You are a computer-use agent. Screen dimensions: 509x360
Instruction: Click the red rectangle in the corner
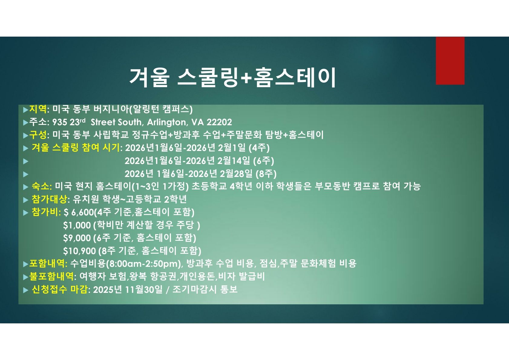pyautogui.click(x=450, y=61)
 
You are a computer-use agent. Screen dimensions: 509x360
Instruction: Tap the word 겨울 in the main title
pyautogui.click(x=149, y=77)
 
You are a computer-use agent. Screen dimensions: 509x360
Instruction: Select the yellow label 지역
pyautogui.click(x=38, y=109)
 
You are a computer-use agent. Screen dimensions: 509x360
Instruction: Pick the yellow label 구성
pyautogui.click(x=38, y=135)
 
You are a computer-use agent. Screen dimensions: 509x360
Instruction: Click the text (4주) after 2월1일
pyautogui.click(x=259, y=148)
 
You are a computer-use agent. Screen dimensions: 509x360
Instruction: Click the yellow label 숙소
pyautogui.click(x=41, y=186)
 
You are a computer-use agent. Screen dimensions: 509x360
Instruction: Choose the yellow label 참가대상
pyautogui.click(x=49, y=199)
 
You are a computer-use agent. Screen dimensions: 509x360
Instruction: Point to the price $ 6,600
pyautogui.click(x=79, y=212)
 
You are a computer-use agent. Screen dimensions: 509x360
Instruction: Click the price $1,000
pyautogui.click(x=77, y=225)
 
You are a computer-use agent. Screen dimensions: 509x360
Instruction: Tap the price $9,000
pyautogui.click(x=77, y=238)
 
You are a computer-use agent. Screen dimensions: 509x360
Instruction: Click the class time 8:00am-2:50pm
pyautogui.click(x=145, y=264)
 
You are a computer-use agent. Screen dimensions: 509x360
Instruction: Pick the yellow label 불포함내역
pyautogui.click(x=51, y=277)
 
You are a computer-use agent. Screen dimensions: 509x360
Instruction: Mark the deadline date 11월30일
pyautogui.click(x=144, y=290)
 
